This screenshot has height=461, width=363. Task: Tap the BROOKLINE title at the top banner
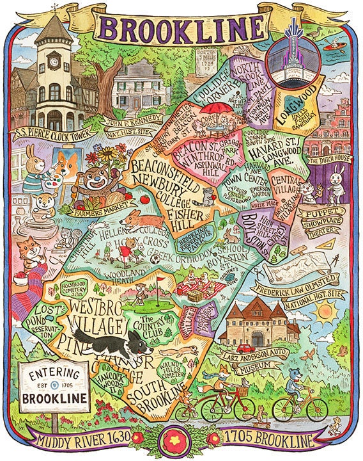[181, 29]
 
